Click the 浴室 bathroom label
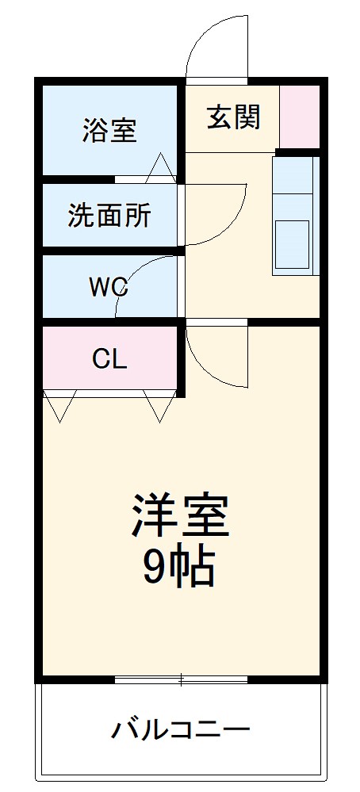tap(109, 129)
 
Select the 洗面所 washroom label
tap(109, 216)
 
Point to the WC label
tap(109, 286)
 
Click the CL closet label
tap(109, 359)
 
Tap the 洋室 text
tap(180, 516)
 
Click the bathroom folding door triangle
tap(161, 168)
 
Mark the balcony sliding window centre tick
tap(182, 679)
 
